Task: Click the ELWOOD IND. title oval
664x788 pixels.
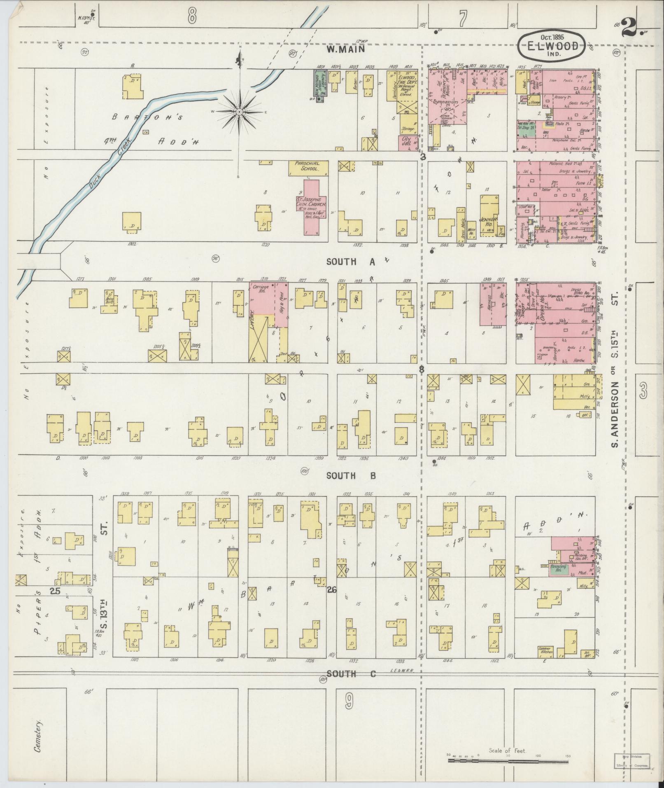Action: click(551, 46)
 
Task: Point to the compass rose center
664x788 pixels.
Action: click(239, 112)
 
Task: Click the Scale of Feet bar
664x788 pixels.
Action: click(509, 758)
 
